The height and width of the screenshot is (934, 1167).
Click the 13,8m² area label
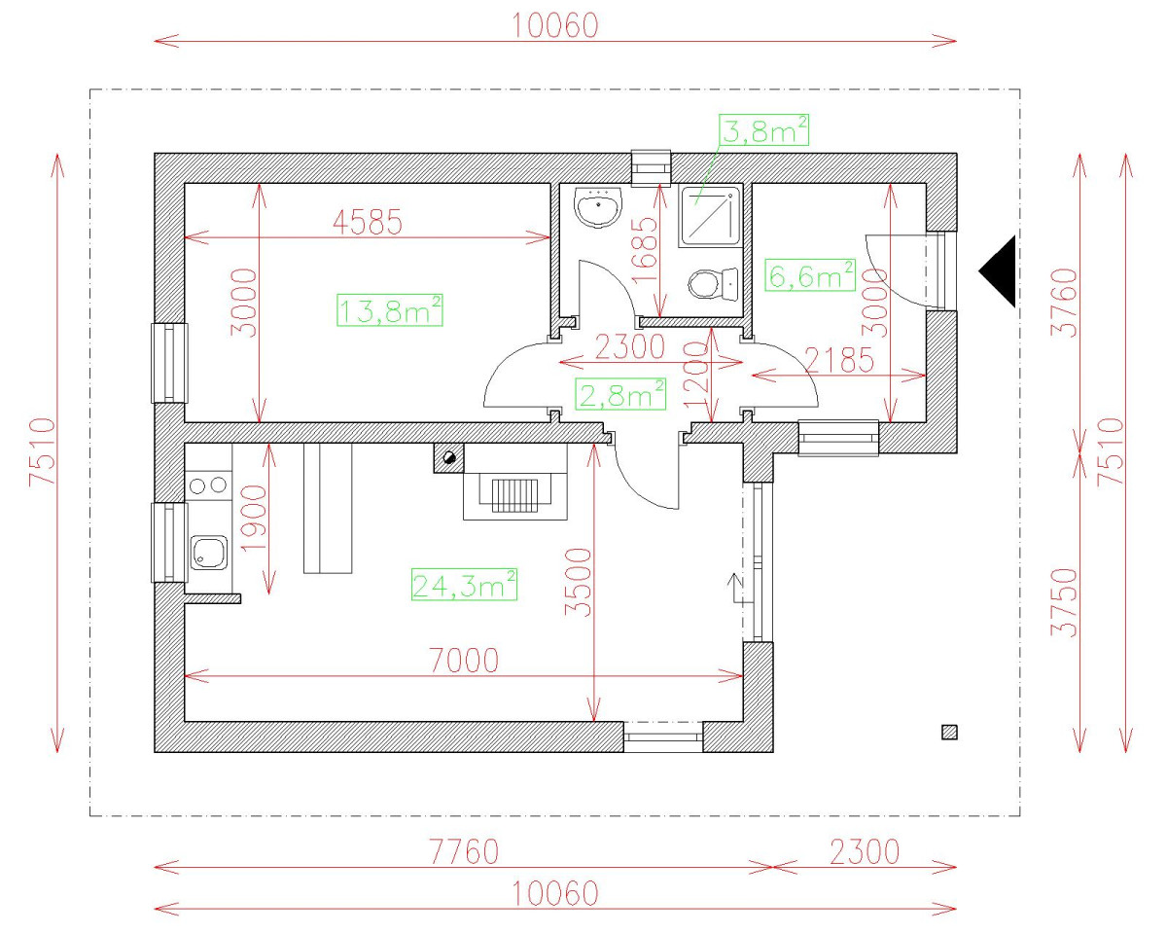coord(390,311)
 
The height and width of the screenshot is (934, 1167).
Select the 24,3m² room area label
coord(464,586)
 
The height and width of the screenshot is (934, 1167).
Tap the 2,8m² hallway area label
coord(621,395)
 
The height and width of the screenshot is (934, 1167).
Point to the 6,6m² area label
coord(810,276)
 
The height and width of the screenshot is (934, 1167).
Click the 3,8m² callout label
coord(764,130)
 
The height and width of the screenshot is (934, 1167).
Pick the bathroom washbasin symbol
coord(598,208)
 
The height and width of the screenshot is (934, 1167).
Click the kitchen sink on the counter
coord(208,554)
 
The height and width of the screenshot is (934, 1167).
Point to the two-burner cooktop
coord(207,484)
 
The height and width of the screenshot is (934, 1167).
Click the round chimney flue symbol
coord(448,458)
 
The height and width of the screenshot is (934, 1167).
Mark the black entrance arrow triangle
coord(999,271)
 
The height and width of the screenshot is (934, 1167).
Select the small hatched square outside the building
coord(949,733)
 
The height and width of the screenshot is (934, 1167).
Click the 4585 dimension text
coord(367,223)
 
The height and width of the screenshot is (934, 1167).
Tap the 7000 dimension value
coord(463,661)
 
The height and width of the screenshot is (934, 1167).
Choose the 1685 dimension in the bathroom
coord(645,249)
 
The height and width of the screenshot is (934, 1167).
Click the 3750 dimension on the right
coord(1067,601)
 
